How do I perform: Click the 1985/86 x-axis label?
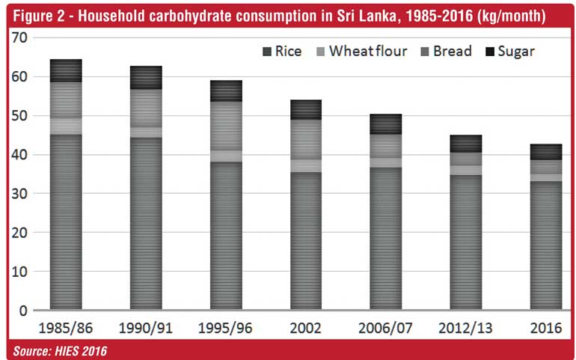(x=65, y=329)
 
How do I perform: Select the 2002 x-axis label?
(x=306, y=329)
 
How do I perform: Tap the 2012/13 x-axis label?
(x=465, y=329)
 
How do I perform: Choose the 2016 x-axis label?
(x=546, y=329)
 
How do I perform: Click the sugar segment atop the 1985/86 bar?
(x=65, y=70)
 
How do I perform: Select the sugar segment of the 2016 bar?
(x=546, y=152)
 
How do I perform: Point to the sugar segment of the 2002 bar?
(x=306, y=109)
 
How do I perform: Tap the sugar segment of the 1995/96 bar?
(x=225, y=91)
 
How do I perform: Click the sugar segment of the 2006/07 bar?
(x=386, y=124)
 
